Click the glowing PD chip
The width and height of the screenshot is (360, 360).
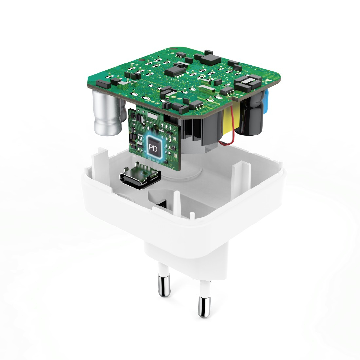[x=153, y=148]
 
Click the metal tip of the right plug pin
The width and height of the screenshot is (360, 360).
[x=204, y=307]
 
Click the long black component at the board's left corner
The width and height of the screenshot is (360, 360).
[x=103, y=84]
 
